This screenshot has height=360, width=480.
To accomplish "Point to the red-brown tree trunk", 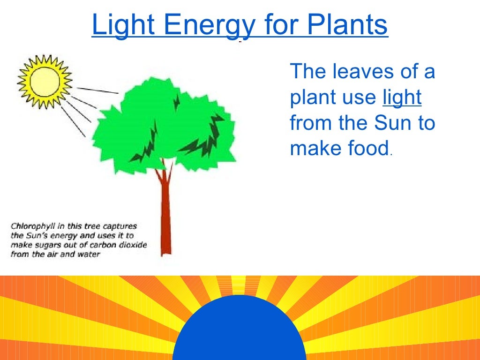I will [165, 216].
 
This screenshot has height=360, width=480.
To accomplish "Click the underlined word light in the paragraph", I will [402, 97].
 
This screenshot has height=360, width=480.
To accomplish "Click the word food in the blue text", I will [368, 148].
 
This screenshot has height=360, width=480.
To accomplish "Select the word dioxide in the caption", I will [133, 245].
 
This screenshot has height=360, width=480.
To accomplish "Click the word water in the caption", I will [90, 255].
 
